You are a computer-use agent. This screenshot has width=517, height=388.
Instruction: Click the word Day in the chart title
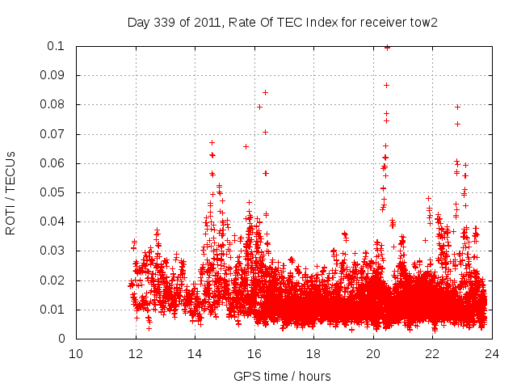(138, 22)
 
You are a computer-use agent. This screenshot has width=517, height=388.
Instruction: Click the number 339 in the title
(166, 22)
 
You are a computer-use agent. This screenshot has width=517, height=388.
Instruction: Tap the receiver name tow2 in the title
(422, 22)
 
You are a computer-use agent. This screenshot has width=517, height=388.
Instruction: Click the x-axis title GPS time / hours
(282, 376)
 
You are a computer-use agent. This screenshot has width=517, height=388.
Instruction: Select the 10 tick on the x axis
(76, 353)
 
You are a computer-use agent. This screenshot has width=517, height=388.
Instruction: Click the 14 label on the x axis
(195, 353)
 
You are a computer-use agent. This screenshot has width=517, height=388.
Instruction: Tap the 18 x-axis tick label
(313, 353)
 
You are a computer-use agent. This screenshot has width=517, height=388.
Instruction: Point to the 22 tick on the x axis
(432, 353)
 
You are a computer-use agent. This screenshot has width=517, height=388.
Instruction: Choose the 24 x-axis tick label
(492, 353)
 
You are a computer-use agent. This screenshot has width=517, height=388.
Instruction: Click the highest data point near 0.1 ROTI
(387, 47)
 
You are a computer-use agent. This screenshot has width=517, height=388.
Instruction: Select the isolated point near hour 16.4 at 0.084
(265, 92)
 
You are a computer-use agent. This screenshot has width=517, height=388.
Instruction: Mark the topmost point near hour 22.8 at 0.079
(457, 107)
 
